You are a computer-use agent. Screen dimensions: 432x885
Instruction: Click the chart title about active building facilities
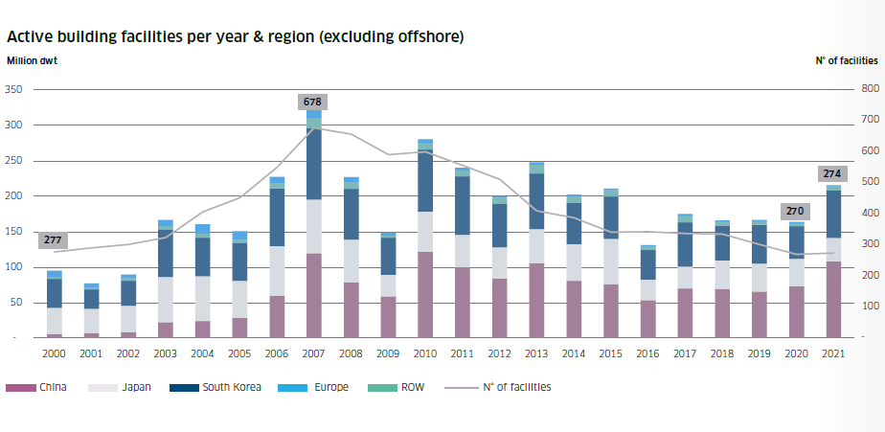236,37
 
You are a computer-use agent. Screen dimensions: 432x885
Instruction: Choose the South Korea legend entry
225,388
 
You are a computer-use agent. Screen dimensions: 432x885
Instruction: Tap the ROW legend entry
409,388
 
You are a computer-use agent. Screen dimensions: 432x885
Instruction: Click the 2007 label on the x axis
313,354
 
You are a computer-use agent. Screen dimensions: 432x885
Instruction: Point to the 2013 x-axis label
536,354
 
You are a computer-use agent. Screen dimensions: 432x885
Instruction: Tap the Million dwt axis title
33,60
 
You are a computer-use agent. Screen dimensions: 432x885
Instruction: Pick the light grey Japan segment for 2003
165,300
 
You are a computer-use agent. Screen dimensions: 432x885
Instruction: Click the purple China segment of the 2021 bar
833,300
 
